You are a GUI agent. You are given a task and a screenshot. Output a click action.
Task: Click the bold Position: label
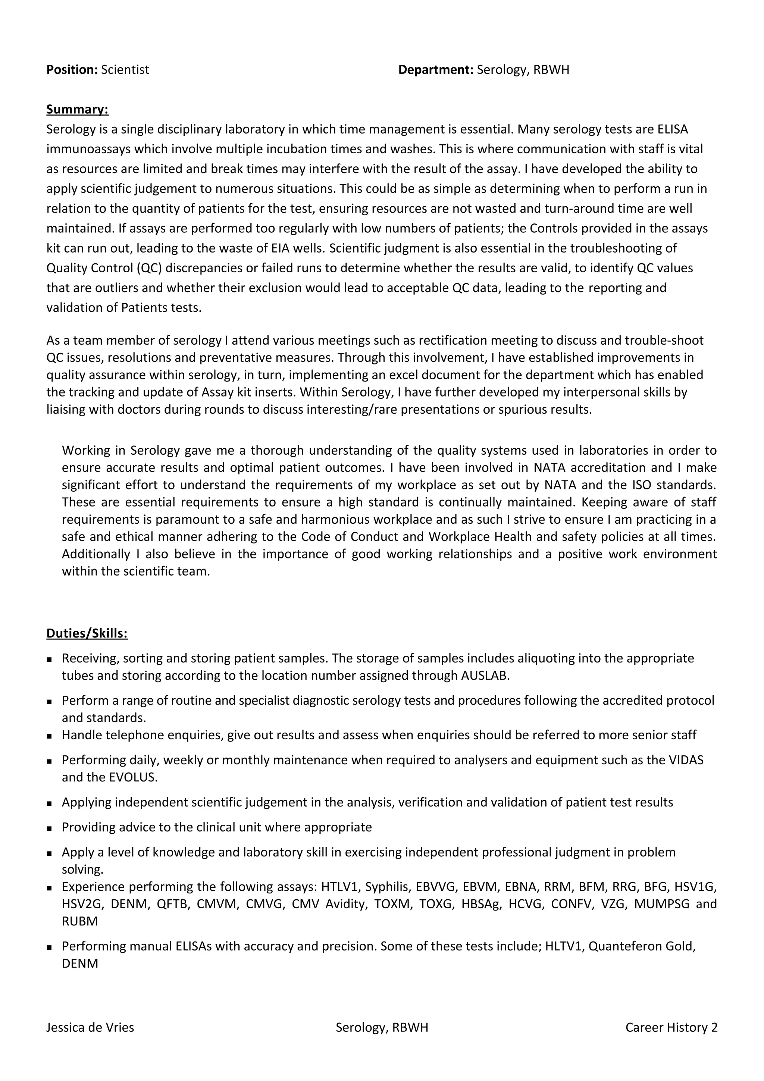tap(72, 70)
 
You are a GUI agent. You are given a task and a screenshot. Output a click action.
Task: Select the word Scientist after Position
tap(125, 70)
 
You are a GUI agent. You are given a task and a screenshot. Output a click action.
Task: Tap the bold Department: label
tap(435, 70)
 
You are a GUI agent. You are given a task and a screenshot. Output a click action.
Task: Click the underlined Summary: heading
tap(77, 109)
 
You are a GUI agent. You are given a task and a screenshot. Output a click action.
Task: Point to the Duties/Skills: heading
tap(87, 633)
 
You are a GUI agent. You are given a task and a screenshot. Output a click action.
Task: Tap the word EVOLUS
tap(133, 777)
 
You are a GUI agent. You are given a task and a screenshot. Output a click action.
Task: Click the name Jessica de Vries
tap(90, 1027)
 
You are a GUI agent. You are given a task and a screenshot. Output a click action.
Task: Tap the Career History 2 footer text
tap(671, 1027)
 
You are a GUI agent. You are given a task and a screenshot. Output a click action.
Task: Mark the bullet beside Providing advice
tap(49, 828)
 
